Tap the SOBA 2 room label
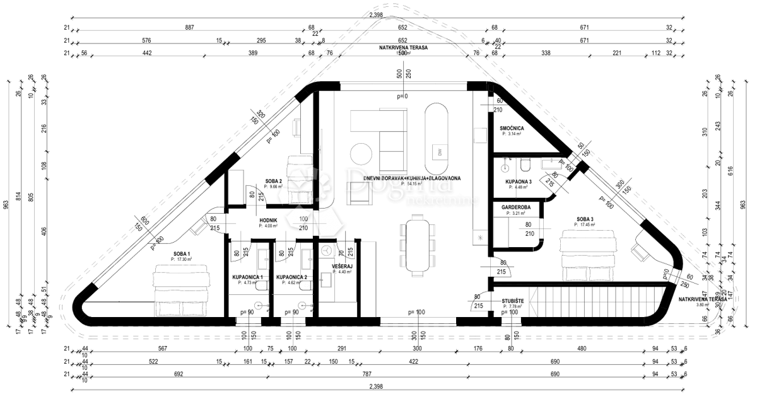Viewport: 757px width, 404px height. [x=273, y=181]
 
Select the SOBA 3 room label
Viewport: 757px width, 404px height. [x=585, y=220]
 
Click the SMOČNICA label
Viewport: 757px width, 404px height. [x=512, y=128]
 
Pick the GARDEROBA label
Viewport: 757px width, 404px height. [x=515, y=207]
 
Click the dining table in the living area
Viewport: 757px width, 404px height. [x=416, y=246]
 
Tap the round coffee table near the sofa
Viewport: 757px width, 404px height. [x=362, y=154]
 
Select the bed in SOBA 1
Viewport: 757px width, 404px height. [x=181, y=290]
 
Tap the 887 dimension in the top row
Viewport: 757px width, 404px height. [x=189, y=28]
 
